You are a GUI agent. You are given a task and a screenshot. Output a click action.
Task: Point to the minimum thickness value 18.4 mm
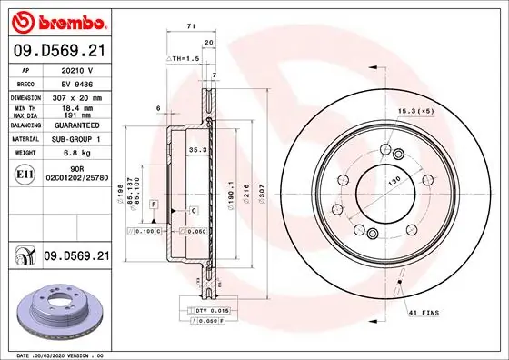click(x=75, y=107)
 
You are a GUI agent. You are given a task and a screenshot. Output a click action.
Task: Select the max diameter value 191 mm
click(x=75, y=115)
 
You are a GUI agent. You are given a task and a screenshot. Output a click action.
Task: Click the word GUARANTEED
click(x=75, y=126)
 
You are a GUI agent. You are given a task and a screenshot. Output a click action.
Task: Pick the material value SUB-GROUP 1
click(x=75, y=139)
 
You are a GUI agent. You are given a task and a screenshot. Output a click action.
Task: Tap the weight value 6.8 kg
click(x=75, y=153)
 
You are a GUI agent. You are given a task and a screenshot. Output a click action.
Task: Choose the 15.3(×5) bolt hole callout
click(x=414, y=111)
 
